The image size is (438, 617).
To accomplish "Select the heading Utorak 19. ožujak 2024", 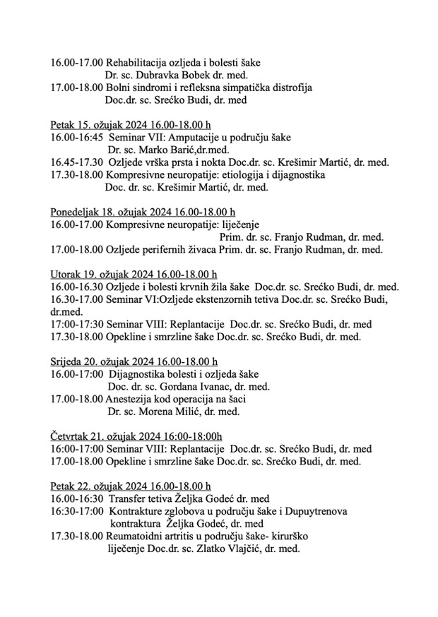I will tap(134, 275).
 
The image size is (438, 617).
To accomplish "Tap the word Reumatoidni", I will tap(134, 536).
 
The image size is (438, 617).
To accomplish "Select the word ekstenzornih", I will tap(209, 299).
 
